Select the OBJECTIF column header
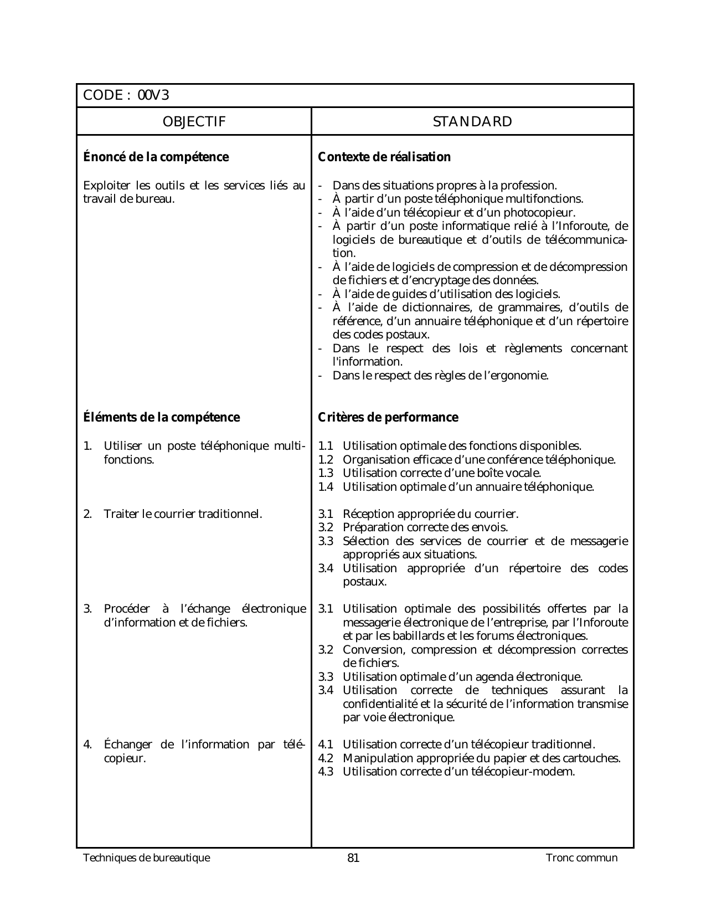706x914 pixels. [194, 122]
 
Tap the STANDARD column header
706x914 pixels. [472, 122]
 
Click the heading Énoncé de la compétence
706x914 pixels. [156, 157]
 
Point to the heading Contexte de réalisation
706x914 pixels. [384, 157]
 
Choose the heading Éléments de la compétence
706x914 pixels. [161, 417]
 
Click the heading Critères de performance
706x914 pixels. [388, 417]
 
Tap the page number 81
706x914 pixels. [353, 858]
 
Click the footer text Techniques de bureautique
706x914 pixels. [146, 858]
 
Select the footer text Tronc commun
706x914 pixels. [581, 858]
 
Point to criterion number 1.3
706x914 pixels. [326, 473]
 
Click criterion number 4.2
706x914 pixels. [326, 758]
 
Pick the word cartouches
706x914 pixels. [592, 758]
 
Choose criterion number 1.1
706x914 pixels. [326, 446]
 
